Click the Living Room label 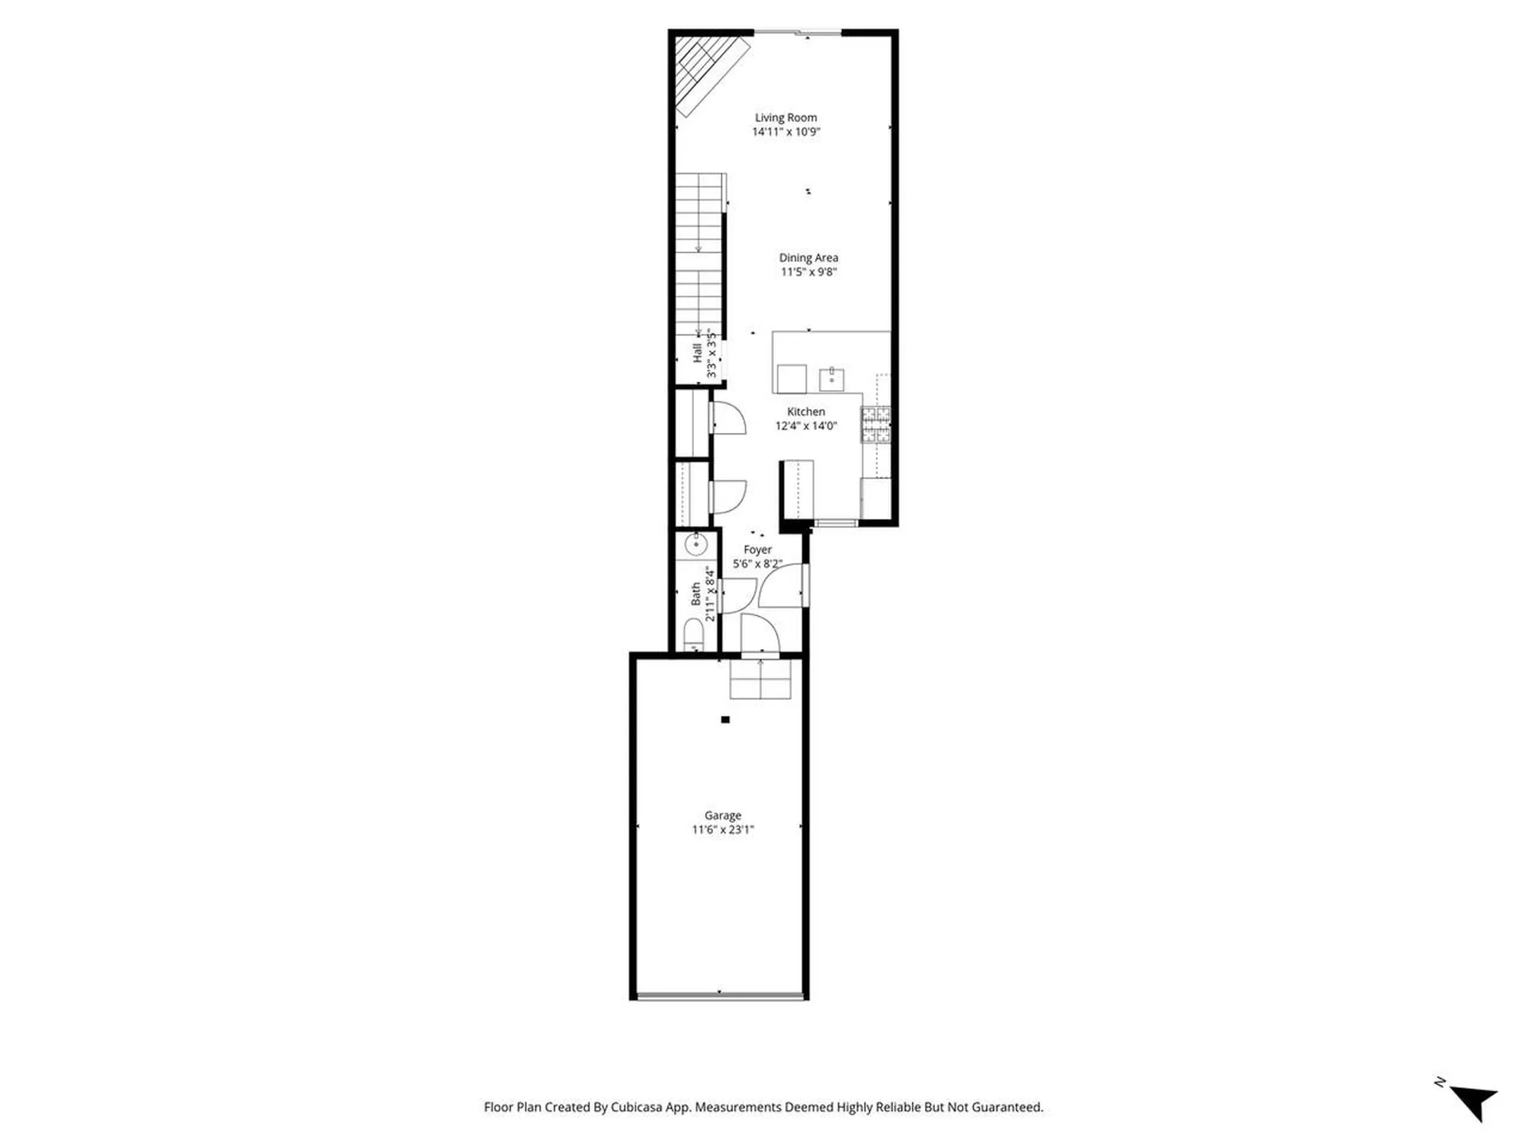(x=785, y=117)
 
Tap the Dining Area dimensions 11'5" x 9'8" (x=808, y=272)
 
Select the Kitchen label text (x=805, y=411)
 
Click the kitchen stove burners (x=875, y=424)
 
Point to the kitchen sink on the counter (x=832, y=380)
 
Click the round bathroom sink (x=696, y=544)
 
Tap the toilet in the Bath (x=694, y=635)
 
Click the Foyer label (x=757, y=549)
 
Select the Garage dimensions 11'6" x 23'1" (x=723, y=829)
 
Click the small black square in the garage (x=725, y=719)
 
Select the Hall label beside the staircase (x=697, y=353)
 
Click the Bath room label (x=696, y=593)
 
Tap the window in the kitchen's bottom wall (x=835, y=523)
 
